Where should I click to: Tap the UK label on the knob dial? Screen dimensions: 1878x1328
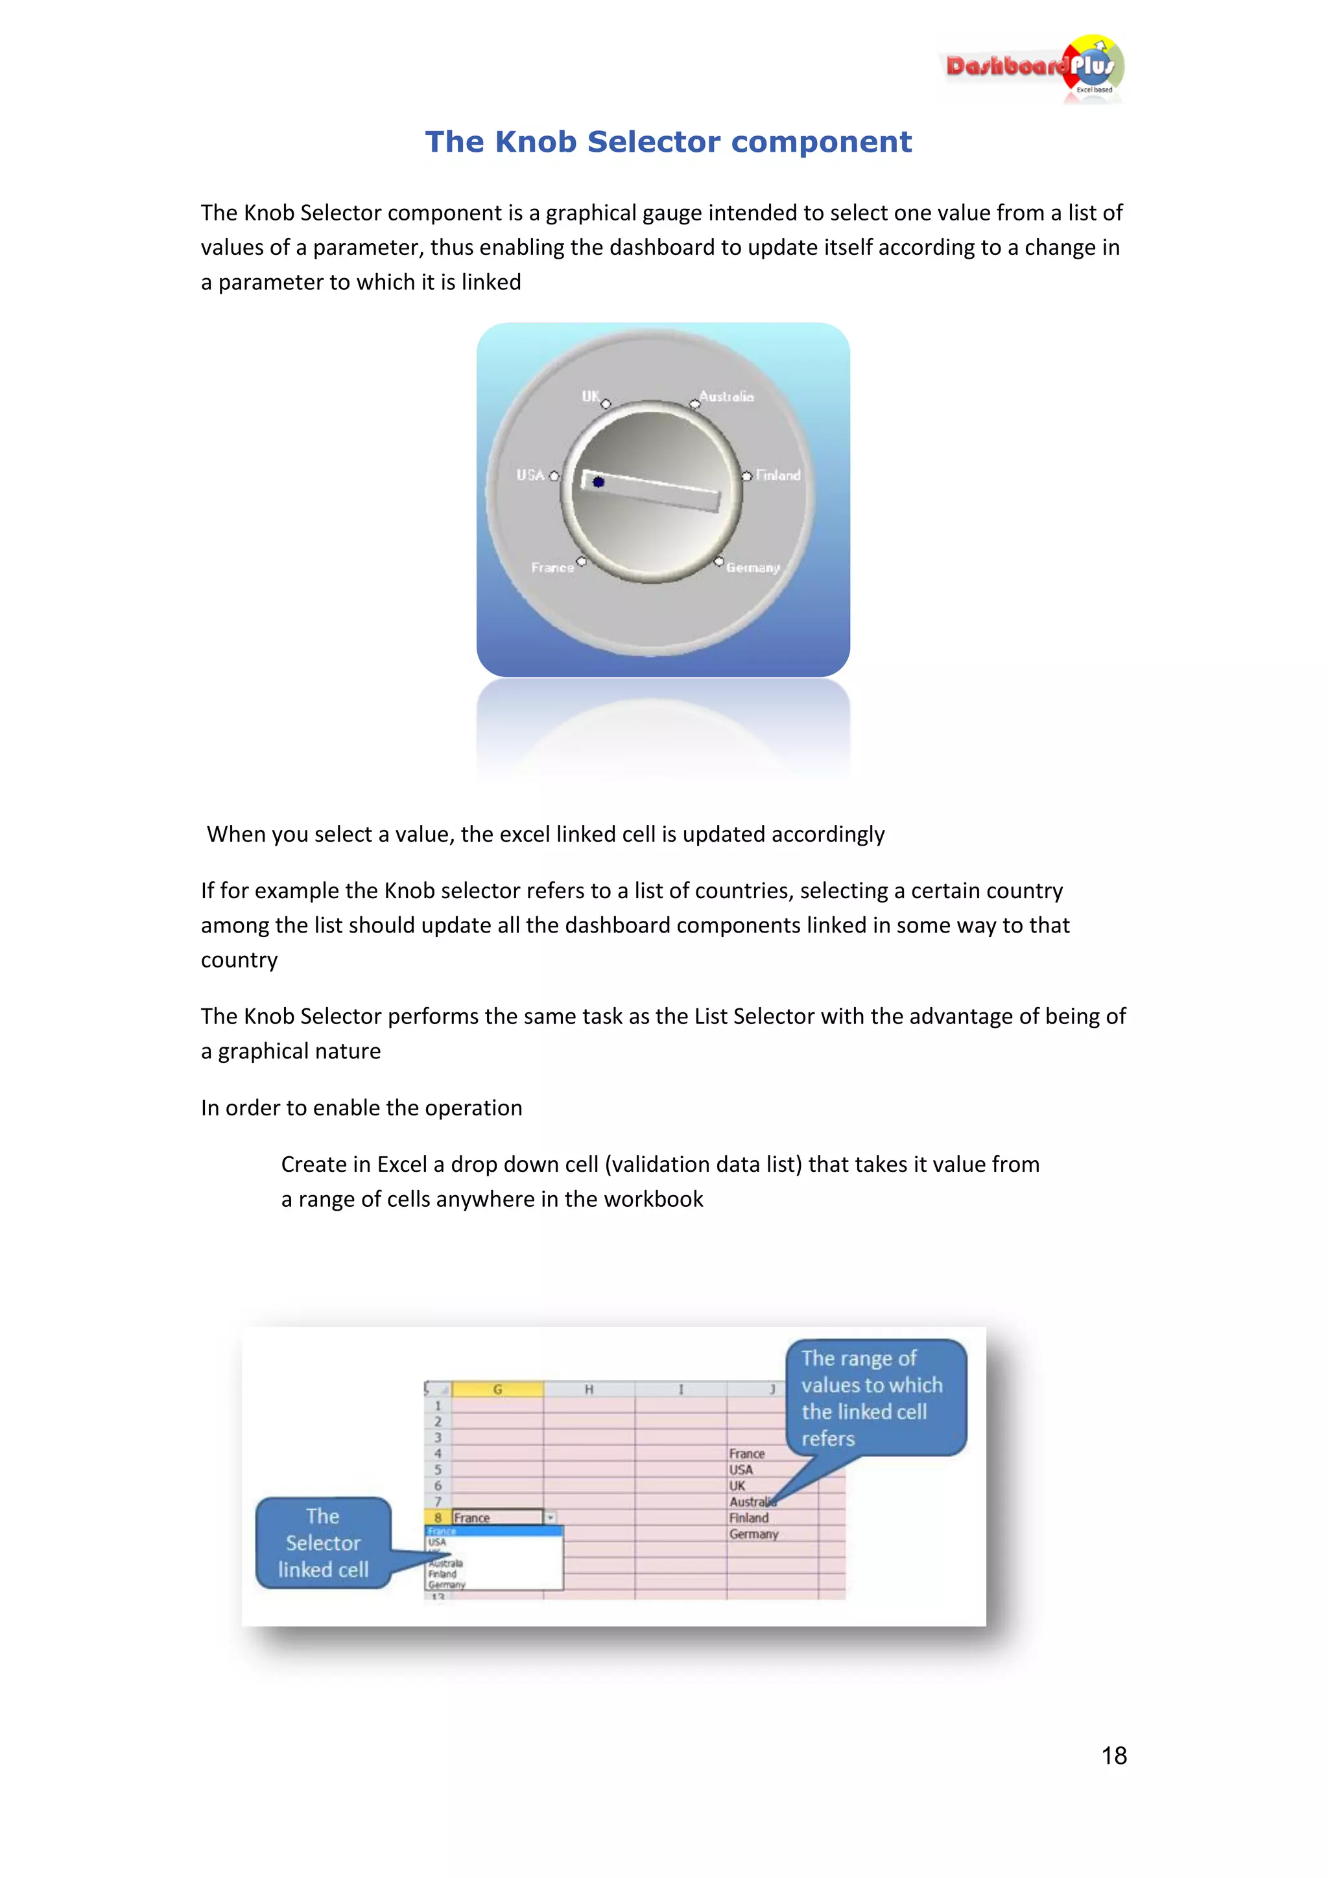click(589, 396)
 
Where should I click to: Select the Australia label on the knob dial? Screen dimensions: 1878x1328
click(726, 397)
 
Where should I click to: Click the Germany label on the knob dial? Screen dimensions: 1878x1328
click(753, 567)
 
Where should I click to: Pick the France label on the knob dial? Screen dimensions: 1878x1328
click(552, 567)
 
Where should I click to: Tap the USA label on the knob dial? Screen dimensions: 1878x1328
click(530, 475)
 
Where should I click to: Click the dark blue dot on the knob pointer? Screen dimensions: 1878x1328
click(599, 482)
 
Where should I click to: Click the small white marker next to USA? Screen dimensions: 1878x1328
click(554, 476)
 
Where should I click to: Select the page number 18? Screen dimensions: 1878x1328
click(1114, 1755)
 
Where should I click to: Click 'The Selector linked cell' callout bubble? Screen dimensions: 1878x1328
click(323, 1543)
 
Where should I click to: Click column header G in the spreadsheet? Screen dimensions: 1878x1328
click(497, 1389)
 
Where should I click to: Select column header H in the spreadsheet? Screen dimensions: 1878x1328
click(589, 1389)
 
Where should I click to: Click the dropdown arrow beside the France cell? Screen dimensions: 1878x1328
click(551, 1517)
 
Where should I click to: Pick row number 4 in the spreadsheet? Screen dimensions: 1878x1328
click(438, 1453)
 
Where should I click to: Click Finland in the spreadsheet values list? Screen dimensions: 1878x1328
click(748, 1518)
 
